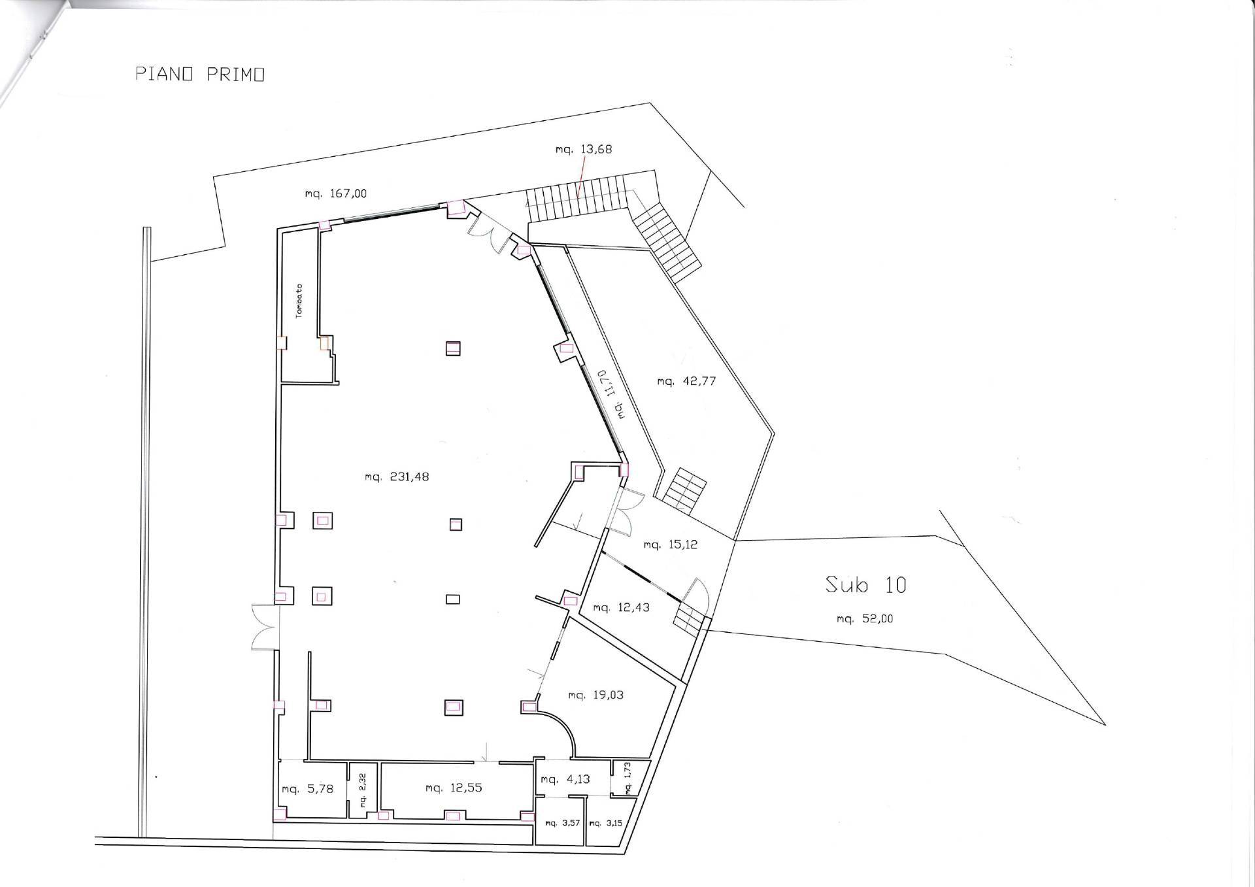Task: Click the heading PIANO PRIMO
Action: point(199,75)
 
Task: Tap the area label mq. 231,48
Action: point(397,477)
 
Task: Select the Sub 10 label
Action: point(865,584)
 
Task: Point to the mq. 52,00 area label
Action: point(864,618)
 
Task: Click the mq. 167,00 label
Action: point(335,193)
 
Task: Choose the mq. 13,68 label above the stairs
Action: point(583,149)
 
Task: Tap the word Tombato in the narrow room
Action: point(299,300)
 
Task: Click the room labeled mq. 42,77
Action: point(686,381)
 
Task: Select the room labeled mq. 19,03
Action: point(595,695)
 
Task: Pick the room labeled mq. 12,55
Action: point(453,788)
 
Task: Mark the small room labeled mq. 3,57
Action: point(562,823)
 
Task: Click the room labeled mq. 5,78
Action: point(307,789)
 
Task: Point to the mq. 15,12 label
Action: point(670,544)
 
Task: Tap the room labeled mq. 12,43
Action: point(621,608)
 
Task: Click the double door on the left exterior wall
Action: point(265,628)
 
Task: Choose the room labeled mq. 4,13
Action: point(565,779)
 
